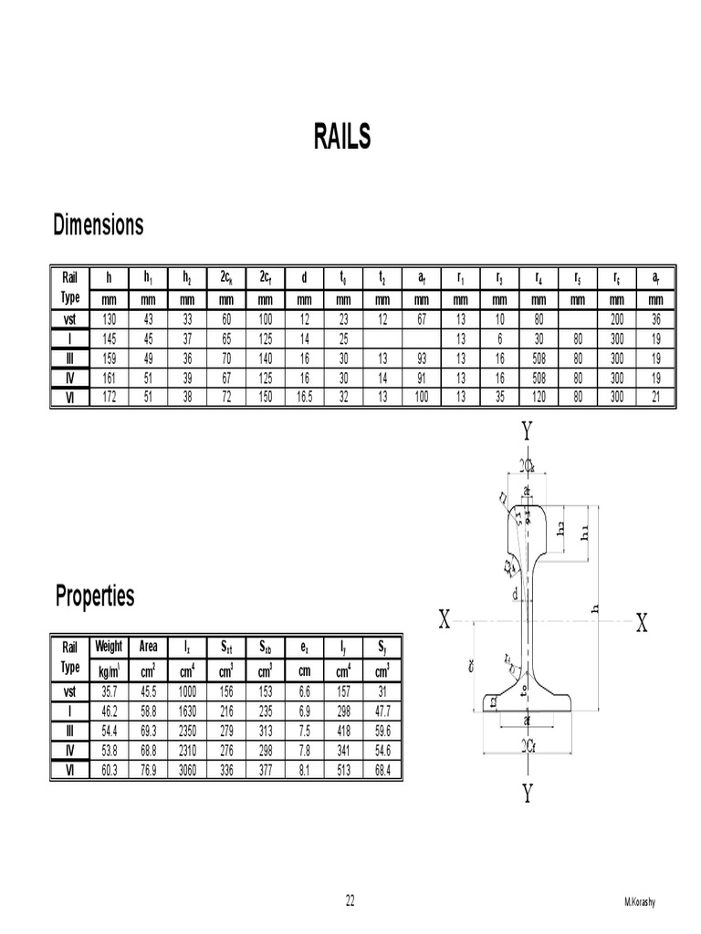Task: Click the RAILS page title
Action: point(343,138)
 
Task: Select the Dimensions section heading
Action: point(99,224)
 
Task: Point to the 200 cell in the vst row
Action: point(617,319)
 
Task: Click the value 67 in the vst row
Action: point(421,319)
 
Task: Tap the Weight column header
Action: point(109,647)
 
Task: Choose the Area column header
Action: point(148,647)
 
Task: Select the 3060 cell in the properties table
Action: point(187,769)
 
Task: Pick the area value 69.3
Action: point(148,730)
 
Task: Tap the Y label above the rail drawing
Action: point(526,431)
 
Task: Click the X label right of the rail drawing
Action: point(642,623)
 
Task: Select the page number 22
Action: point(350,902)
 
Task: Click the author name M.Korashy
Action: point(640,903)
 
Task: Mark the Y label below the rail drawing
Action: point(527,794)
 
